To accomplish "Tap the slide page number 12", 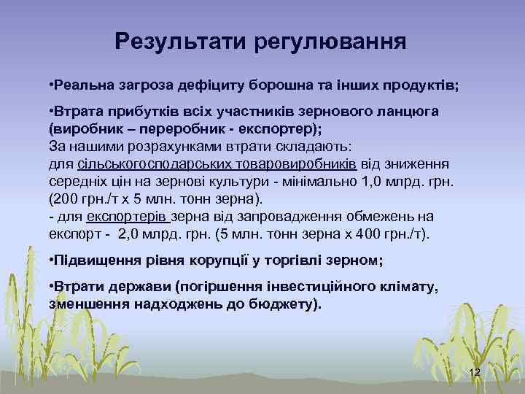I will coord(474,373).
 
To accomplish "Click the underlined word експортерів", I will coord(128,217).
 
